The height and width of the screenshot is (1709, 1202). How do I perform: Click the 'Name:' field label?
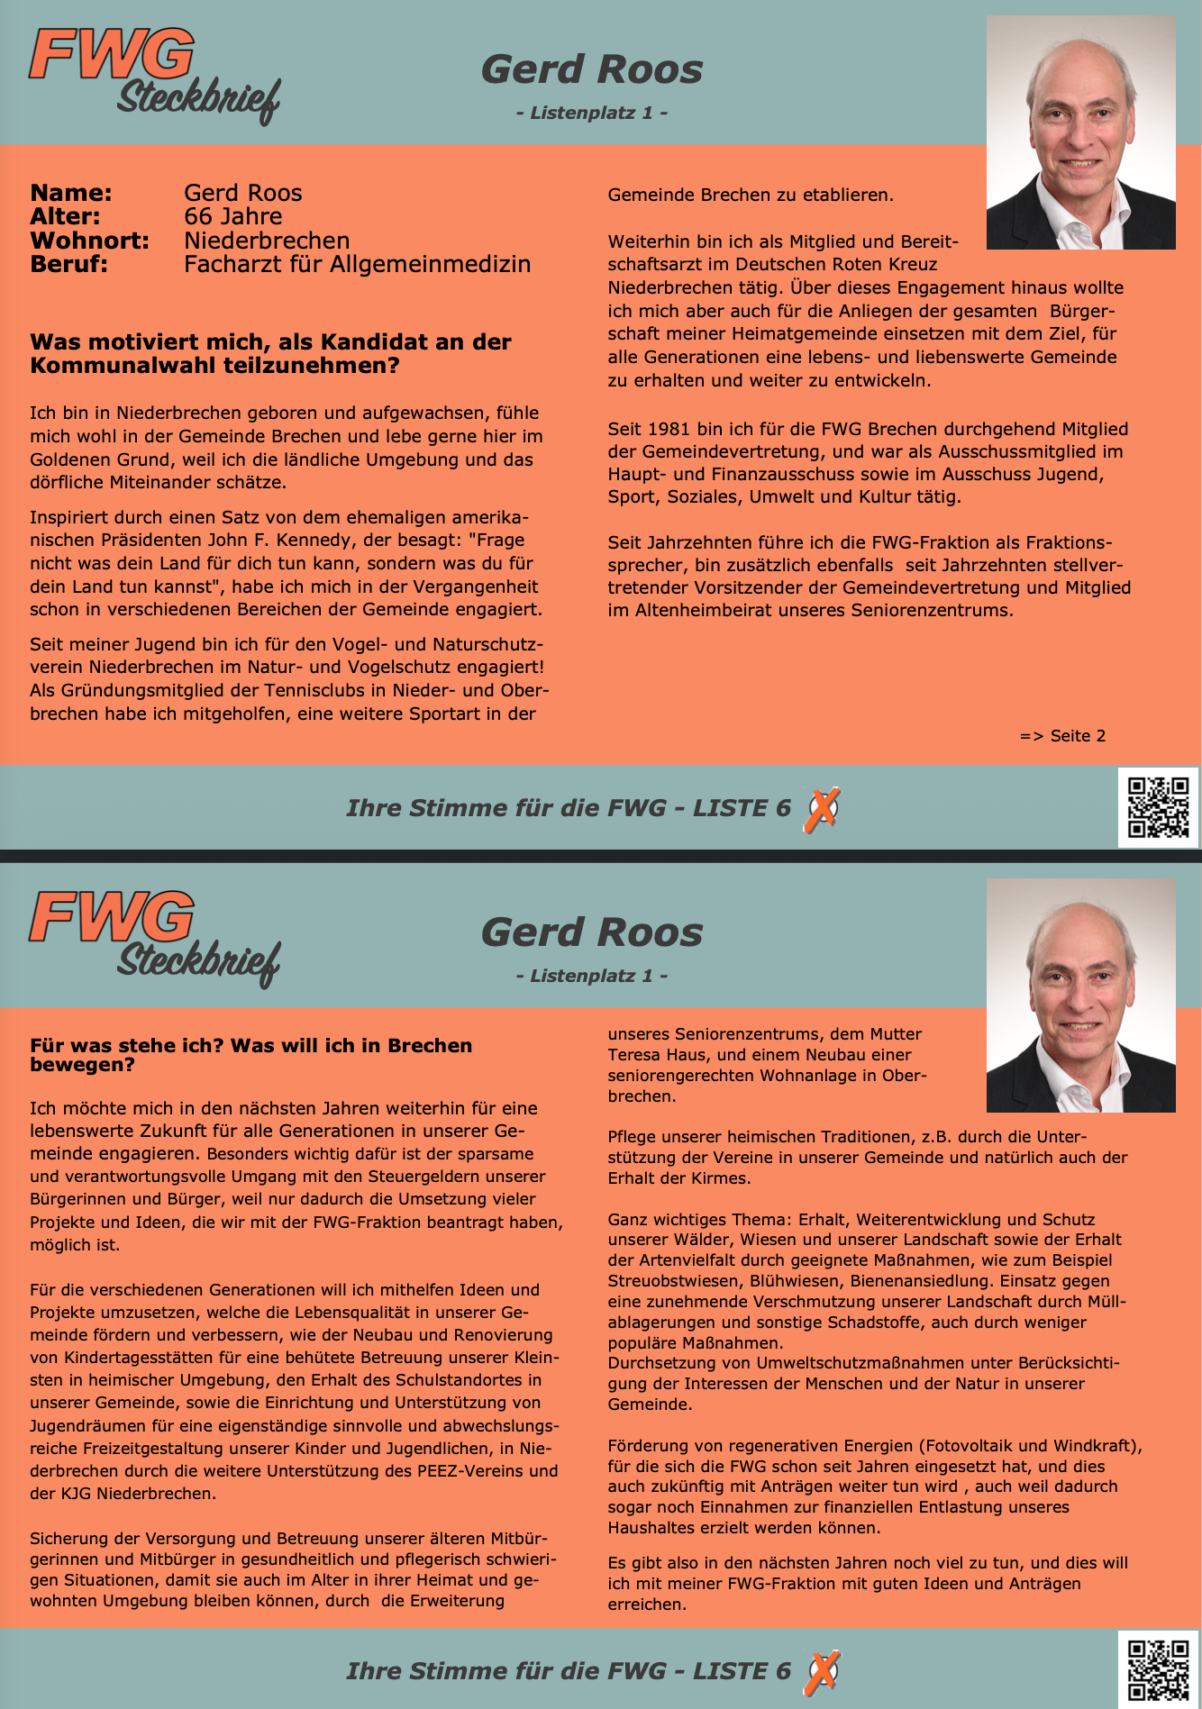(x=71, y=193)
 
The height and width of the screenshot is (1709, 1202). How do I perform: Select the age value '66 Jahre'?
(x=232, y=216)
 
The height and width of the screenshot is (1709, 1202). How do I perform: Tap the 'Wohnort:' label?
(x=89, y=241)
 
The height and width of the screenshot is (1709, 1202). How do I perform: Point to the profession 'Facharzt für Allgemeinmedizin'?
(x=357, y=264)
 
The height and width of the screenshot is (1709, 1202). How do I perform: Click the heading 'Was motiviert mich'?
(x=270, y=353)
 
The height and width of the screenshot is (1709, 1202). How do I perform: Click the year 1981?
(x=668, y=429)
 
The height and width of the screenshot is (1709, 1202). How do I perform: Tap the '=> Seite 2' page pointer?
(x=1062, y=736)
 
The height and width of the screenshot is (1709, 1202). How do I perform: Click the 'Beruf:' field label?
(x=68, y=264)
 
